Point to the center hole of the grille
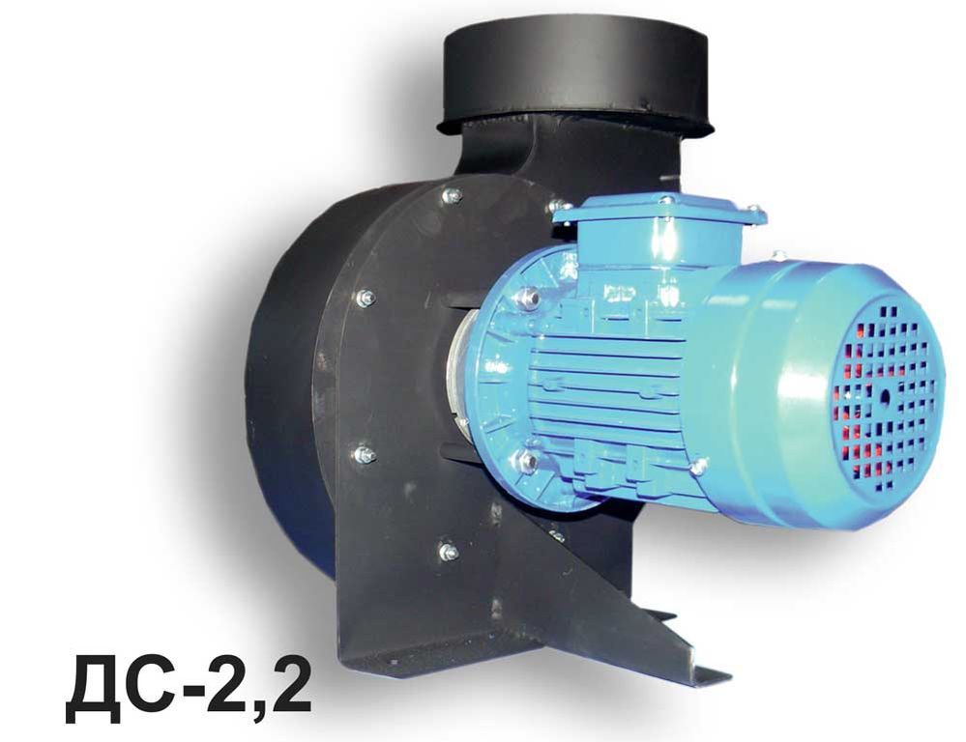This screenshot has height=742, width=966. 886,398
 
